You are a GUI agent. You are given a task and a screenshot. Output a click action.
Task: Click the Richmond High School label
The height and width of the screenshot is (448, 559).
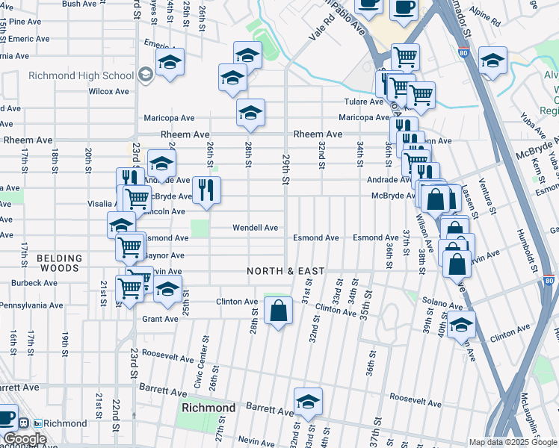point(81,75)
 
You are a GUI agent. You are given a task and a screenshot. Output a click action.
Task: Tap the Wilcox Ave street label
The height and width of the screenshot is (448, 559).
point(108,92)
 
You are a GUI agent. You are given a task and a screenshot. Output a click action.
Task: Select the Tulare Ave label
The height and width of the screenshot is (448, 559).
point(363,102)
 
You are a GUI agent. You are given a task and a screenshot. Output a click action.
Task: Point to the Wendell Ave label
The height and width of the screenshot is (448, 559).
point(255,228)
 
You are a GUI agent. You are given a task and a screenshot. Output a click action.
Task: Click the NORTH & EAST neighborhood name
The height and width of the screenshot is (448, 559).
point(286,271)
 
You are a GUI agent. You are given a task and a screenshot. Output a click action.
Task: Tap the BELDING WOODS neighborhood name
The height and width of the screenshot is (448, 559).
point(58,263)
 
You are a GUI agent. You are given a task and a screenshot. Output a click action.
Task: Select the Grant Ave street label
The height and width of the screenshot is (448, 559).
point(160,319)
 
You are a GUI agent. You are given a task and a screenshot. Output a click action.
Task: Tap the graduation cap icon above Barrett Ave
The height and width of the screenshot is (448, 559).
point(308,402)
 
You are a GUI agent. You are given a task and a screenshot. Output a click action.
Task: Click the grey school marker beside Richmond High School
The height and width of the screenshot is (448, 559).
point(145,74)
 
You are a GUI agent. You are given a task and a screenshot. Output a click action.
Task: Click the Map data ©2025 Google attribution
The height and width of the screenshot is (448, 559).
point(512,442)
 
